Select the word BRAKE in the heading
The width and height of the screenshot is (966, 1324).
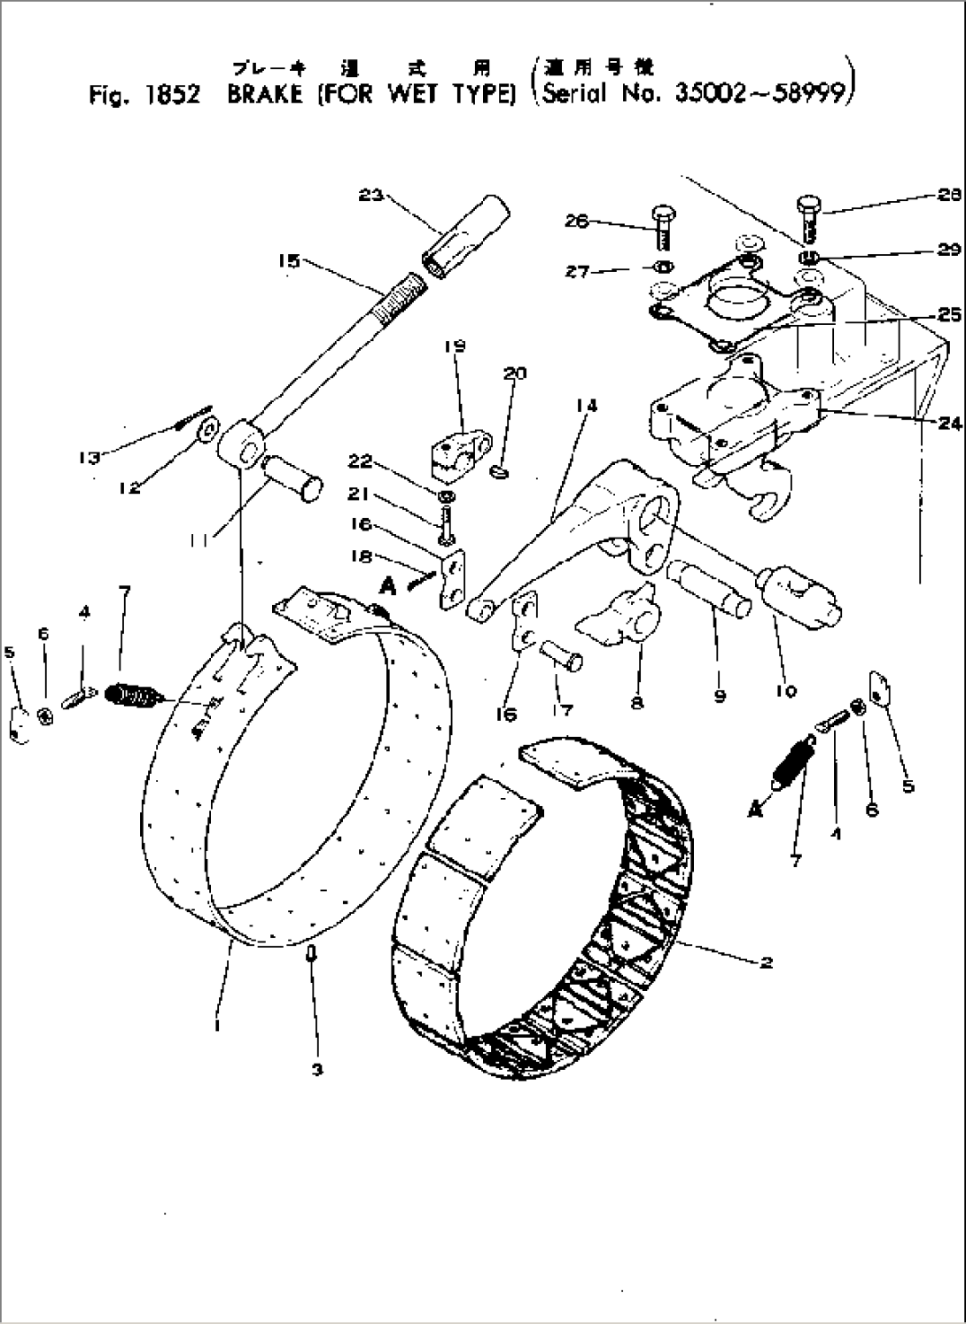click(265, 95)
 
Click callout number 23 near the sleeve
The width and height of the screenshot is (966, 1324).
click(370, 195)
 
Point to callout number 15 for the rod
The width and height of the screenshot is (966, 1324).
click(289, 260)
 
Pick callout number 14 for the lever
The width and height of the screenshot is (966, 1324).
click(586, 406)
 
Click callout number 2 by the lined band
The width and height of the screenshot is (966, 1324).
click(767, 962)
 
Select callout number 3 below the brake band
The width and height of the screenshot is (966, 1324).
click(316, 1069)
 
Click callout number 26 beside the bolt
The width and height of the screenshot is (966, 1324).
click(577, 221)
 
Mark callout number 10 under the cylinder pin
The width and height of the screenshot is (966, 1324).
click(785, 691)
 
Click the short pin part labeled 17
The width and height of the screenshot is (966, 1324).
click(560, 659)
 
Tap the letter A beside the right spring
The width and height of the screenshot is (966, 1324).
click(755, 809)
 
